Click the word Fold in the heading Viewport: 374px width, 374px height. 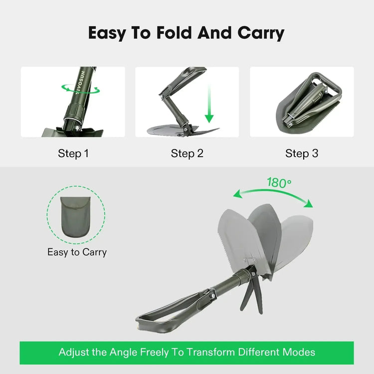174,33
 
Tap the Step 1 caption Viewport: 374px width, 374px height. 73,154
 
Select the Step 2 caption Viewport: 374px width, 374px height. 187,154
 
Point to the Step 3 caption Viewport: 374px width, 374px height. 302,154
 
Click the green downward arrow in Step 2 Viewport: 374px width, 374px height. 209,105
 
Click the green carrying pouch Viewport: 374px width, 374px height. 76,216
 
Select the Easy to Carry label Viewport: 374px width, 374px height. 77,252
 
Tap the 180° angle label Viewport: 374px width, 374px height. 279,183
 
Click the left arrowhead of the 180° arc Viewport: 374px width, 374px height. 237,194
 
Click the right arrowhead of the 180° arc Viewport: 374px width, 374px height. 309,203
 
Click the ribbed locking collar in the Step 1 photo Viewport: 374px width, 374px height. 74,112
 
